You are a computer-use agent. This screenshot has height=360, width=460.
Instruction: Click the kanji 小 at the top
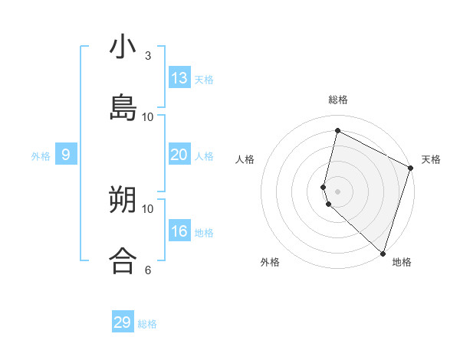coord(123,47)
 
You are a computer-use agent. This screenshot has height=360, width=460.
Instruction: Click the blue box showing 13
coord(179,78)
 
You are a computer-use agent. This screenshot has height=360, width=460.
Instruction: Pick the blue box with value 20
coord(179,155)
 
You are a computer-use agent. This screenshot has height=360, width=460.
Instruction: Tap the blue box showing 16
coord(179,231)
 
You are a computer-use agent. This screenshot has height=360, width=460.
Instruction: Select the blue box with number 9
coord(66,155)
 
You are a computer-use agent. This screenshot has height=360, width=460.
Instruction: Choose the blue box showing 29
coord(123,322)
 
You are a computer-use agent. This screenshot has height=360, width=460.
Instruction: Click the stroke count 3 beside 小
coord(148,56)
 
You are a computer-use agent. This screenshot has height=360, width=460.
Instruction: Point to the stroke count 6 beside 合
coord(148,270)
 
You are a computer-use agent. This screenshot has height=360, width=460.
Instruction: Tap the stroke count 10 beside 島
coord(148,116)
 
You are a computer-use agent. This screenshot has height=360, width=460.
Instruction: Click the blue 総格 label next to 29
coord(147,324)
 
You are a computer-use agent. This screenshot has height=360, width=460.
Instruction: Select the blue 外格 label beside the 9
coord(41,156)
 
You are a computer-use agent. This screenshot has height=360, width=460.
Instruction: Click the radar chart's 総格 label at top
coord(338,100)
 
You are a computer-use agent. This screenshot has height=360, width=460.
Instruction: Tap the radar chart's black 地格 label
coord(402,262)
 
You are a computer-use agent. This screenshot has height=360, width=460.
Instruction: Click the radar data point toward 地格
coord(383,252)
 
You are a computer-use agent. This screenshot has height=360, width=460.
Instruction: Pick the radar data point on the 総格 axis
coord(337,131)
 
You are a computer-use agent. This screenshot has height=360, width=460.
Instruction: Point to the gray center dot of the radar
coord(337,191)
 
